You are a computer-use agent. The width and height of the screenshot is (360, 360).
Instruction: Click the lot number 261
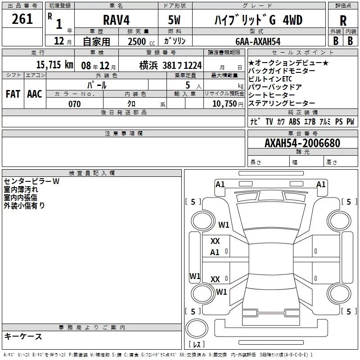click(x=22, y=19)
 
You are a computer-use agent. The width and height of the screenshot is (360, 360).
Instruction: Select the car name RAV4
click(x=116, y=20)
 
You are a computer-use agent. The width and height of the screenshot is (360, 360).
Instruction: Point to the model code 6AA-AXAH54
click(x=258, y=41)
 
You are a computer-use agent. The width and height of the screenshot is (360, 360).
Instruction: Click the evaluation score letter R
click(x=343, y=21)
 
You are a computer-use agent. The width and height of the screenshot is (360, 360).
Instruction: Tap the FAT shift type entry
click(x=13, y=94)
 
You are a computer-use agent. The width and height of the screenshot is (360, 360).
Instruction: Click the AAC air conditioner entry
click(x=35, y=94)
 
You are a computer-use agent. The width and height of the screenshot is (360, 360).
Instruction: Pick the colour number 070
click(x=74, y=104)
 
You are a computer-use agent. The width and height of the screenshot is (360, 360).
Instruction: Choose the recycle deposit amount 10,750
click(x=224, y=104)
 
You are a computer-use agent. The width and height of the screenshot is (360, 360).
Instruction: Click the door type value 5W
click(x=175, y=20)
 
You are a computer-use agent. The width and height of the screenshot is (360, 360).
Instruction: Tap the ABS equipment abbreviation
click(x=294, y=122)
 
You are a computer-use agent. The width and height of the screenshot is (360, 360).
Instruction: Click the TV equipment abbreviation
click(x=269, y=122)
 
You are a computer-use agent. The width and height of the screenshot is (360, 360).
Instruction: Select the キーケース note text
click(x=23, y=336)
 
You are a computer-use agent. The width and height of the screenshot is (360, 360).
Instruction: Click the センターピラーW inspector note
click(x=31, y=181)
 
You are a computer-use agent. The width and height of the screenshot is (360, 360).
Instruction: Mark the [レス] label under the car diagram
click(x=197, y=345)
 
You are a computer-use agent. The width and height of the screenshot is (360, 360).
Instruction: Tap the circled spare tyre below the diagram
click(x=197, y=328)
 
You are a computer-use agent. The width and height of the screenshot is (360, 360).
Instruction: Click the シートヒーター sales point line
click(x=271, y=95)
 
